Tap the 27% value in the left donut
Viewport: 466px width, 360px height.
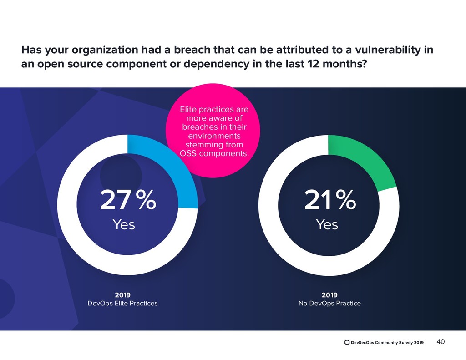click(x=128, y=201)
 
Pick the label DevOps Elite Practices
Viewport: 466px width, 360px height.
click(x=122, y=303)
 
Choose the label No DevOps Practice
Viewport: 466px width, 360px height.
click(x=329, y=303)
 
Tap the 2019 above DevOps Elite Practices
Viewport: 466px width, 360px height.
click(x=122, y=294)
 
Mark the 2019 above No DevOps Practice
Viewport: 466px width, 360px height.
click(x=329, y=294)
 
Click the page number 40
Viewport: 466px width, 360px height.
click(x=441, y=342)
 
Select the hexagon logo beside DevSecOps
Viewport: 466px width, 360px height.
click(x=347, y=342)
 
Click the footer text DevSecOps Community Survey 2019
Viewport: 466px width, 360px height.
click(x=387, y=342)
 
